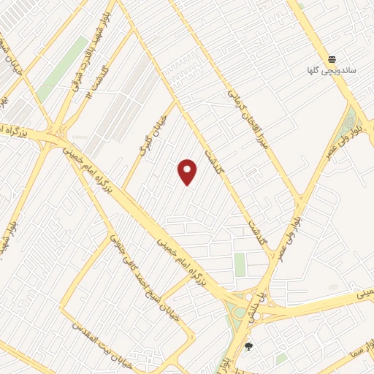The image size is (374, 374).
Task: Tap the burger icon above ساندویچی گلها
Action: coord(332,59)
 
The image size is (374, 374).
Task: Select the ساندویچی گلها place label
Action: coord(332,72)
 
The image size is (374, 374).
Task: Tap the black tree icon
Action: coord(248,347)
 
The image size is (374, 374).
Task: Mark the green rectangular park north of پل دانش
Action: coord(240,264)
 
